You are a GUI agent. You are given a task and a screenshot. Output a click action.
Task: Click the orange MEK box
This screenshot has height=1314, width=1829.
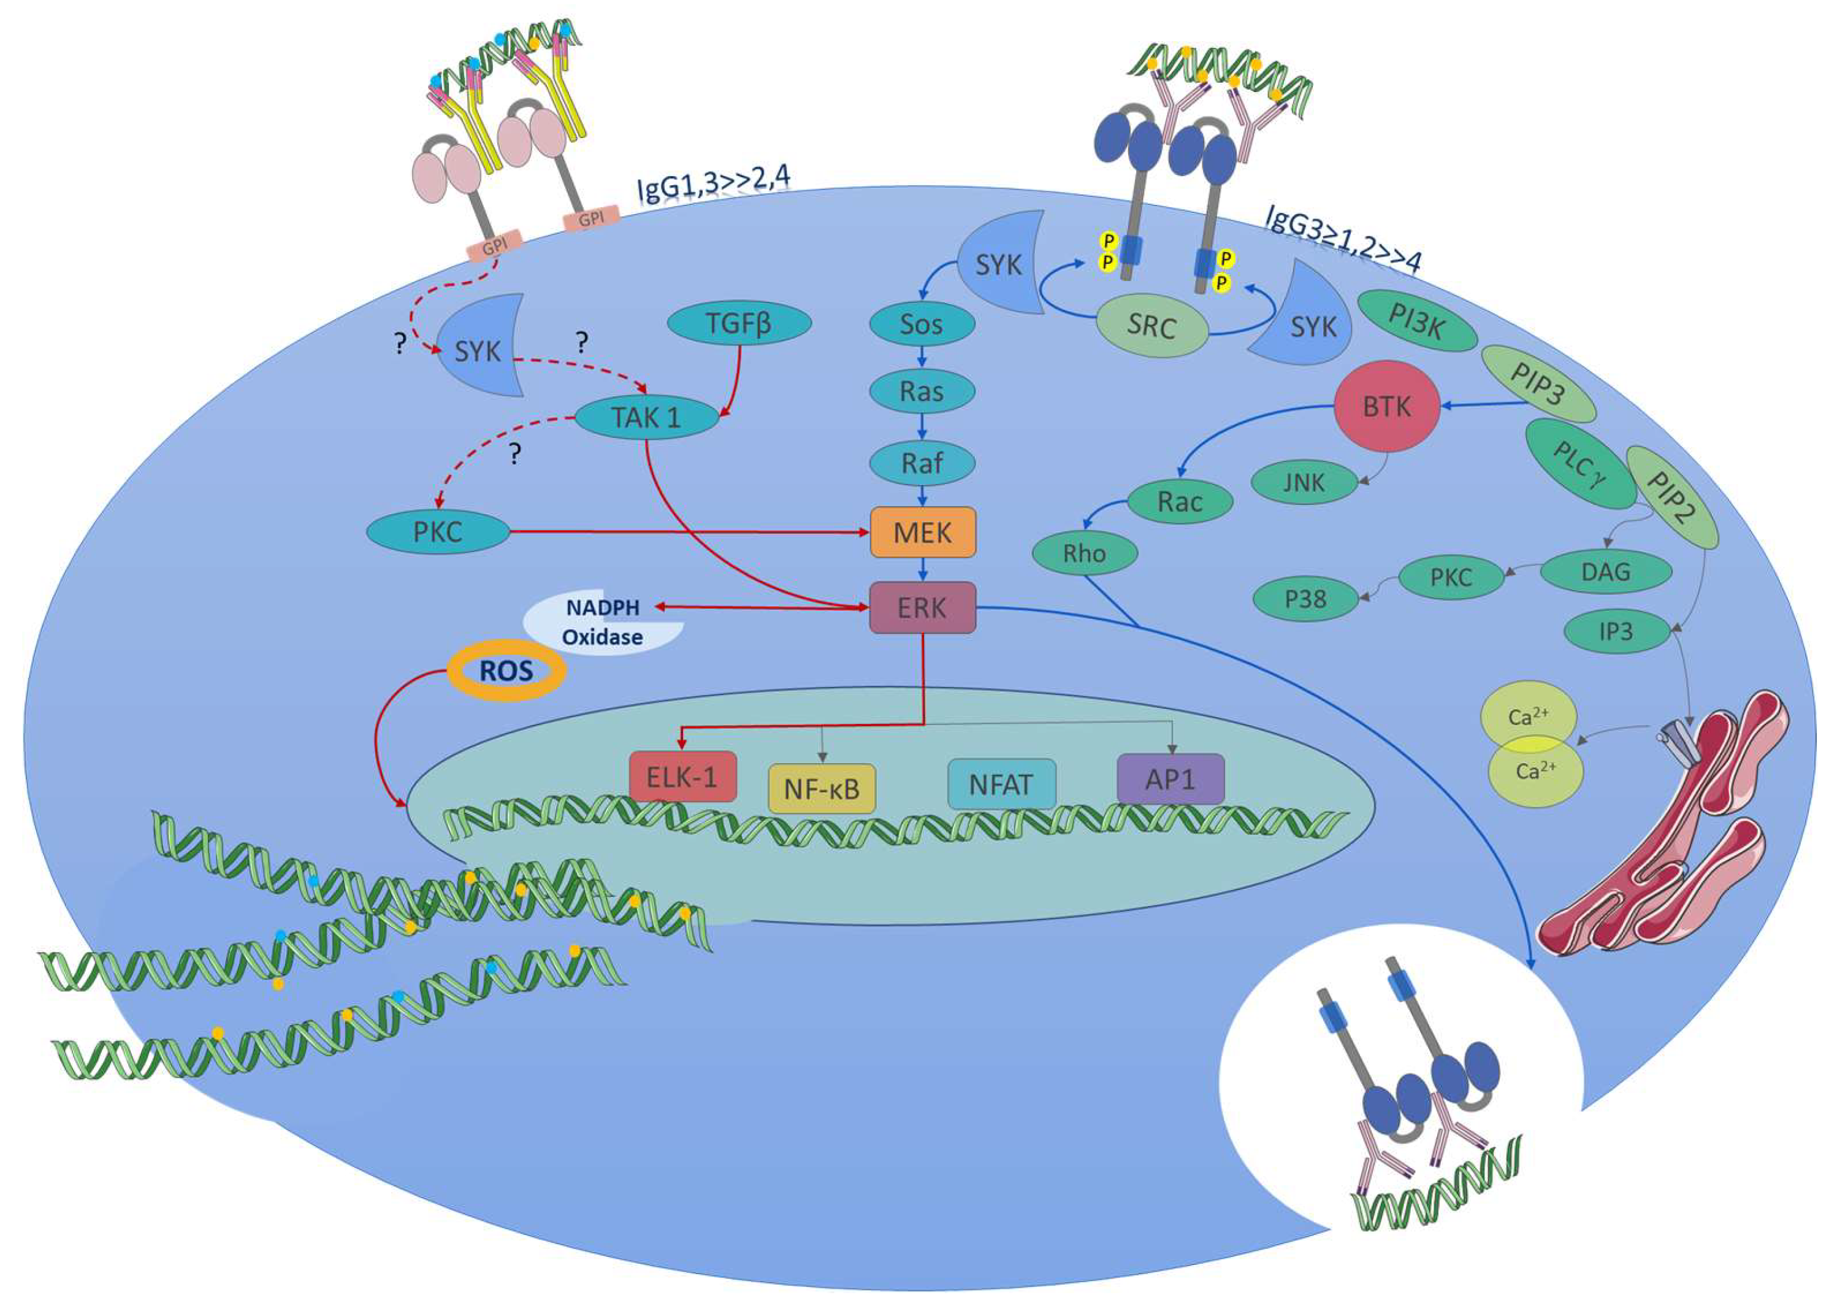[923, 532]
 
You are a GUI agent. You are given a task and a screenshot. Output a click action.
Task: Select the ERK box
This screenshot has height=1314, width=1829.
[923, 607]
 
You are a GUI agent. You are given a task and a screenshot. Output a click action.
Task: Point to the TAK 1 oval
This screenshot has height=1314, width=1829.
[647, 418]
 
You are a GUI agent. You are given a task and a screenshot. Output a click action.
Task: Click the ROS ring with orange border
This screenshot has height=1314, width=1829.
[506, 670]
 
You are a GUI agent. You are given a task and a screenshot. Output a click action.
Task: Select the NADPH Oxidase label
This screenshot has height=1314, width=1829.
[603, 622]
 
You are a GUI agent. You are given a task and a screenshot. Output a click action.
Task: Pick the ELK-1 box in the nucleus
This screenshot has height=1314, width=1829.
[682, 777]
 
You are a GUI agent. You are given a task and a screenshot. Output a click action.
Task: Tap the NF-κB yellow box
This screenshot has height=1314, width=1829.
[822, 788]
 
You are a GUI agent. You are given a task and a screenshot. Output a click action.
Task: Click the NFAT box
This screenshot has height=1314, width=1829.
[1001, 784]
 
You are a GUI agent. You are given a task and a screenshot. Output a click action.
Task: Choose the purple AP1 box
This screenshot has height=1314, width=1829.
[1170, 779]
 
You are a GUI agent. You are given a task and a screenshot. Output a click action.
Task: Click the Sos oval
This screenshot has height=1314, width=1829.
[922, 325]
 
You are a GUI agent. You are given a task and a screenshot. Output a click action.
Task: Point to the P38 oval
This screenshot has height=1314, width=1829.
[1305, 599]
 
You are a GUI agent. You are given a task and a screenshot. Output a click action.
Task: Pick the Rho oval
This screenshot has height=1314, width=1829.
[1084, 553]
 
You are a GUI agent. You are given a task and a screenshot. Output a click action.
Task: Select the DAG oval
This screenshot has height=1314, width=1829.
[1605, 572]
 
